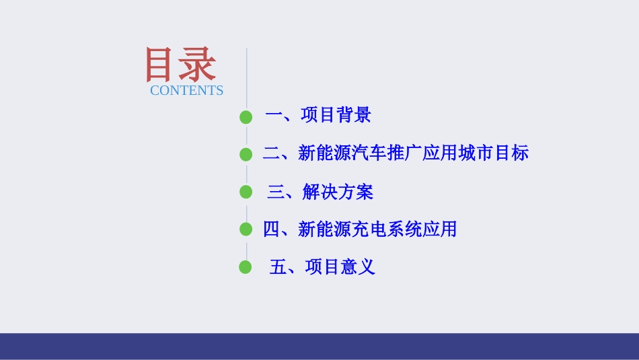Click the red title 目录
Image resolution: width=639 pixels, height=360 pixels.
(180, 65)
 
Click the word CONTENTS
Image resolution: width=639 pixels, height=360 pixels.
(186, 90)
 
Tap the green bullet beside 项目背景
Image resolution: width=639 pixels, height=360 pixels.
(246, 117)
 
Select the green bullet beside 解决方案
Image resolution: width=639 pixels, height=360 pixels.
(246, 192)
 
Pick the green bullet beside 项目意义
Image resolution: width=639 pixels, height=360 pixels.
(246, 268)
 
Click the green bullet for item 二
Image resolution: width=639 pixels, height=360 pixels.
(246, 155)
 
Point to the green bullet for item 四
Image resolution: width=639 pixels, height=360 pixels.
(246, 230)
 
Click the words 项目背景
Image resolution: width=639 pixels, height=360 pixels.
(336, 116)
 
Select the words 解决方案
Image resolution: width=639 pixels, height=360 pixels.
(338, 192)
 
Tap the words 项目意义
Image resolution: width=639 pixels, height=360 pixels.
(340, 267)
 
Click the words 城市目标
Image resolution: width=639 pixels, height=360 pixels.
(494, 153)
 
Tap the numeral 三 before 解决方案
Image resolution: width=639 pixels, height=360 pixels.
(276, 192)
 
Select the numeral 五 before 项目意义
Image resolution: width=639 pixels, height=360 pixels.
(278, 267)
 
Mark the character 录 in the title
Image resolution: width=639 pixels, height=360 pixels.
(199, 65)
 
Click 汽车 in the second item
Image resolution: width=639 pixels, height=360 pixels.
(369, 153)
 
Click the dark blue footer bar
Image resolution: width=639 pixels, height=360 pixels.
(319, 346)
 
